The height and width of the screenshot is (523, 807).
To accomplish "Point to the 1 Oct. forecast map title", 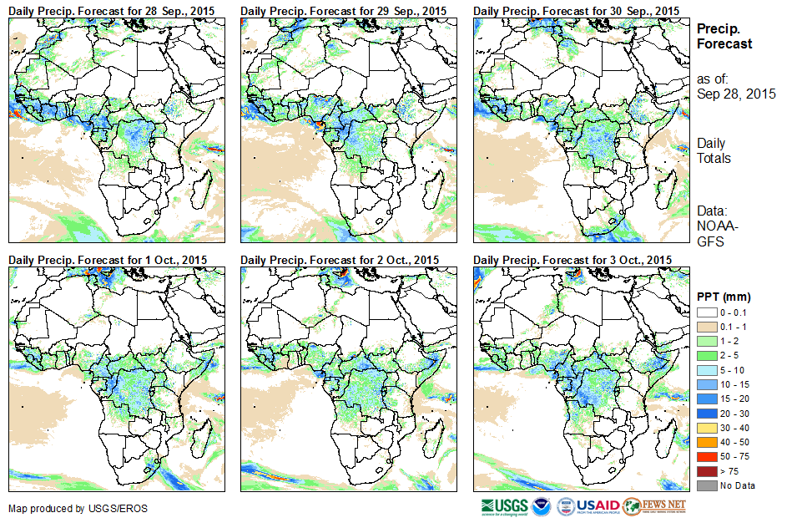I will pos(108,261).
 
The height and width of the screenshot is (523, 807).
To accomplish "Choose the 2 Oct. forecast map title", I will pos(340,261).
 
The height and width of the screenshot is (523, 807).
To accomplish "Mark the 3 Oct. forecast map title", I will pos(572,261).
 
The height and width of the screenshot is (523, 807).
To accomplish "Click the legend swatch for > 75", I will pos(706,471).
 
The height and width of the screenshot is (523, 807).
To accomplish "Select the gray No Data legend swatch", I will pos(706,485).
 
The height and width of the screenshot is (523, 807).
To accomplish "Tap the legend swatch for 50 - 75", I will pos(706,457).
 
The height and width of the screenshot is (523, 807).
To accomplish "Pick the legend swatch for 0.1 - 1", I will pos(706,327).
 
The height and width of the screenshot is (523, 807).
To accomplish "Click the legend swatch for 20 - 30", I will pos(706,414).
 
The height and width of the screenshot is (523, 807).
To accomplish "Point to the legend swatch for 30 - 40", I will pos(706,428).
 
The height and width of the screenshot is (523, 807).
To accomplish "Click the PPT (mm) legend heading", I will pos(724,297).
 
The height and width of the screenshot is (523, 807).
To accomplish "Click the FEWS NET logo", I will pos(655,505).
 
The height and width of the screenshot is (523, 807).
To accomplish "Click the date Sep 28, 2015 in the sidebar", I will pos(736,94).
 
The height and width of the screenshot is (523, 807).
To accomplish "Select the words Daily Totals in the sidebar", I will pos(714,150).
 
